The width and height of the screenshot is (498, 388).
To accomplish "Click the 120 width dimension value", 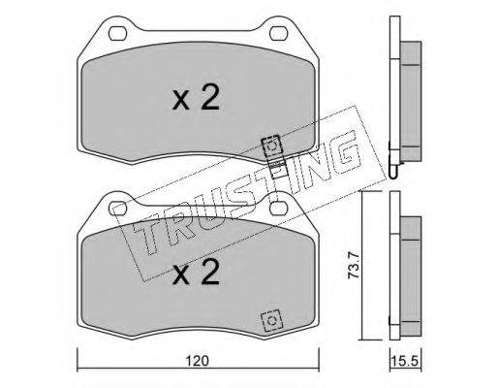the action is [198, 361].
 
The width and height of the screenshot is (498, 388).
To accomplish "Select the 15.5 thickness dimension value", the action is [406, 360].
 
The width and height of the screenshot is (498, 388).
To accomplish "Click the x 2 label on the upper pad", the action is [196, 97].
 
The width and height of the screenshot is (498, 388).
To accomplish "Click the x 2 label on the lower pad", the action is [196, 273].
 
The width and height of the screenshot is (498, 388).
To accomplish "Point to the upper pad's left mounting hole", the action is [117, 33].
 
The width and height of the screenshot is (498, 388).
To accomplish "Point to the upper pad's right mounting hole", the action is [278, 33].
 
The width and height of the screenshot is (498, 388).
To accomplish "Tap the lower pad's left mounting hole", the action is [117, 209].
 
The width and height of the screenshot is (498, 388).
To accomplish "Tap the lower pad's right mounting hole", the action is [278, 209].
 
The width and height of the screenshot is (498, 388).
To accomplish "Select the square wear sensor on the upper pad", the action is [272, 146].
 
